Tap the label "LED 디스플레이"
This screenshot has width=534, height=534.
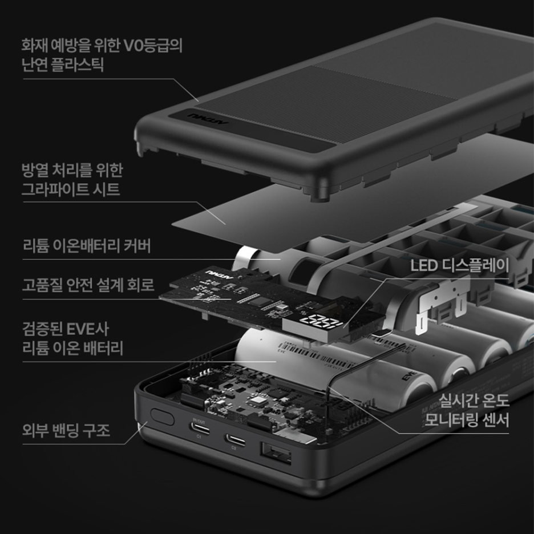[x=459, y=264]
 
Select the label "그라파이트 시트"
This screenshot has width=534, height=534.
[x=71, y=189]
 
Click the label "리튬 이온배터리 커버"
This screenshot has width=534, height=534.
[x=86, y=246]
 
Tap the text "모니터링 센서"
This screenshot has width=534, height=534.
[x=467, y=420]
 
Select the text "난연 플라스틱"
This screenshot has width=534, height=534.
[x=62, y=64]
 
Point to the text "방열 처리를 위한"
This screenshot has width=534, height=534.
[x=72, y=169]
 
